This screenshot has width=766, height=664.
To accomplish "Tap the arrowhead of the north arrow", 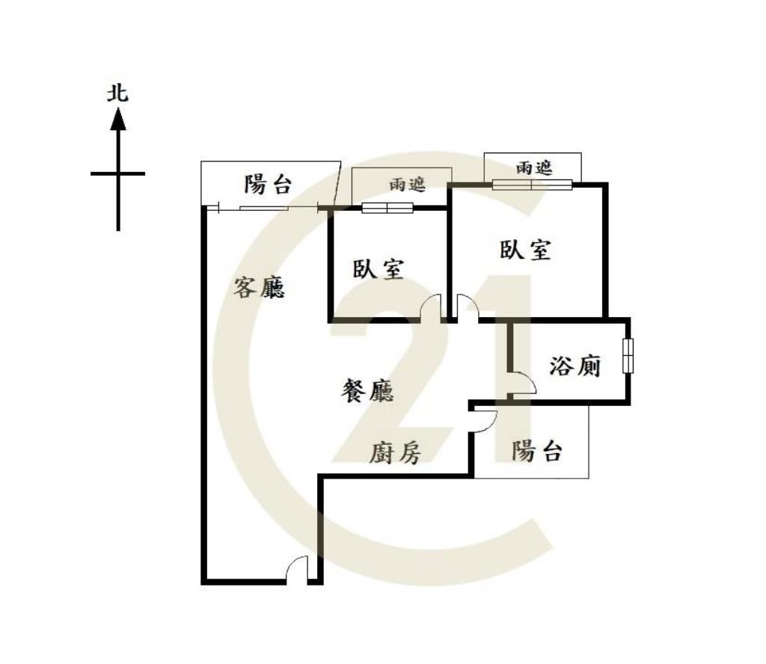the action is tap(117, 120).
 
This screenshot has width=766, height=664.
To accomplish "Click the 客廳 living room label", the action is tap(258, 287).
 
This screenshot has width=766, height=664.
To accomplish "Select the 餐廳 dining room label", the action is tap(367, 391).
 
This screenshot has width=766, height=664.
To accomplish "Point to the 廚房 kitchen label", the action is tap(395, 453).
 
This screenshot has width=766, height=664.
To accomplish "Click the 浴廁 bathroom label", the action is tap(575, 366).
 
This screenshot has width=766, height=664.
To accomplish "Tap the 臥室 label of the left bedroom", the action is tap(378, 268).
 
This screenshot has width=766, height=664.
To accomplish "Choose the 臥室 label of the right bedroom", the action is tap(525, 249).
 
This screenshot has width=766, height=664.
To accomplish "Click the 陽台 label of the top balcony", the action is tap(268, 185).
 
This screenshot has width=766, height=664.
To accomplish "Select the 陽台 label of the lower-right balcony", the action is tap(537, 451).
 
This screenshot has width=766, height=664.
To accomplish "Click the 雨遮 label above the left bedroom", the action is tap(408, 184).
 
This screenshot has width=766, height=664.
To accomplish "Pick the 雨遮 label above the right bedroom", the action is tap(534, 168).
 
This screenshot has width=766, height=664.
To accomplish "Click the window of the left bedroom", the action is tap(387, 208).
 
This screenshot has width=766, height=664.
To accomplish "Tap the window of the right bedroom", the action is tap(532, 185).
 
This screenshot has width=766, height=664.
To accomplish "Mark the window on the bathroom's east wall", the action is tap(628, 355).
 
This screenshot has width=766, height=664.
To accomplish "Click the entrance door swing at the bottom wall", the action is tap(296, 569).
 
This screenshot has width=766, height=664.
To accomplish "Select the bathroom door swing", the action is tap(523, 383).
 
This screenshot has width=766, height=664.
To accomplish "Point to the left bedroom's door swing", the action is tap(432, 307).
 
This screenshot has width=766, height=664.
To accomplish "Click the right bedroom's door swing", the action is tap(468, 307).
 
